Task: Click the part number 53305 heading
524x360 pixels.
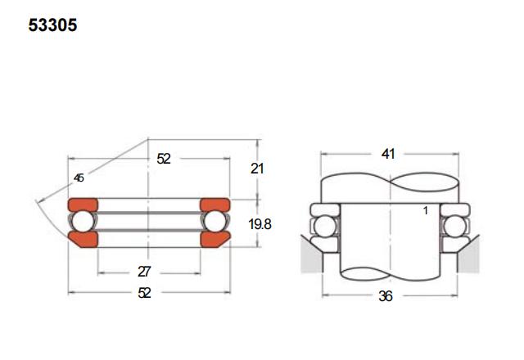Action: (52, 25)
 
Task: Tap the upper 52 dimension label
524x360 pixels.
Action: (164, 159)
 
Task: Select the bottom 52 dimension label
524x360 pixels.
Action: (144, 293)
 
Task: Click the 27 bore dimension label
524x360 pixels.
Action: (144, 272)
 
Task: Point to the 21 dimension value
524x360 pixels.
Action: (257, 169)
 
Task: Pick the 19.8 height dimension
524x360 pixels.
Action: (260, 224)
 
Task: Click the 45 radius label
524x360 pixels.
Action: (79, 178)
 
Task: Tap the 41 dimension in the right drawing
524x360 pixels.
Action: (388, 154)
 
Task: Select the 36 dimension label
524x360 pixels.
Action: (386, 296)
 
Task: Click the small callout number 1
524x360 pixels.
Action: (426, 211)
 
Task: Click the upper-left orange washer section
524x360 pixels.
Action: (83, 205)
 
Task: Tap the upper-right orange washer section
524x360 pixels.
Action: (215, 205)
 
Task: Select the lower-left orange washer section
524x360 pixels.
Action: (84, 239)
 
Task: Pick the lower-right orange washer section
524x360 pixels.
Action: (215, 239)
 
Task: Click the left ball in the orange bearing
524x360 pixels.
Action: (84, 222)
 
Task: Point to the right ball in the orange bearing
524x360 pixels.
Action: (215, 222)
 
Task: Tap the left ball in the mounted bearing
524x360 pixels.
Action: (325, 227)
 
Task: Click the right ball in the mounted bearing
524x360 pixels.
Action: (454, 227)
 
